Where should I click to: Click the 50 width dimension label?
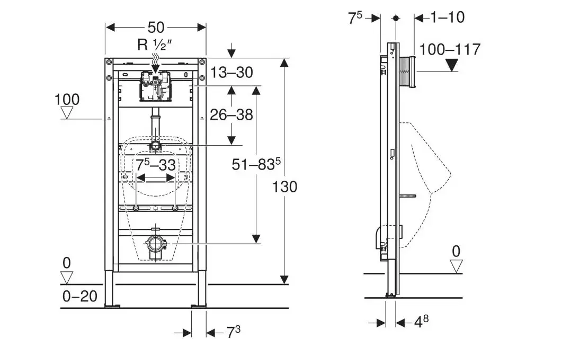click(x=156, y=26)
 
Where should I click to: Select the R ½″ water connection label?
click(x=153, y=45)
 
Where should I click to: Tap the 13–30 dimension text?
click(x=231, y=72)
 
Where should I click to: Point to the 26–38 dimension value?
click(x=231, y=114)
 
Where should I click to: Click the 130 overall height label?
click(x=285, y=187)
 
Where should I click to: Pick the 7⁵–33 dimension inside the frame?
click(x=156, y=165)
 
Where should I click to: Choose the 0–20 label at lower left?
click(x=80, y=296)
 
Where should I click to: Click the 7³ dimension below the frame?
click(x=234, y=332)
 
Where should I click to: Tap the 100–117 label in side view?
click(x=450, y=49)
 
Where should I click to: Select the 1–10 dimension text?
click(x=448, y=17)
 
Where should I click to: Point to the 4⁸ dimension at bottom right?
click(x=421, y=322)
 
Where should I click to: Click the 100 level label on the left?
click(x=67, y=100)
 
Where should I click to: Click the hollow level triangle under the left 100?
click(x=67, y=113)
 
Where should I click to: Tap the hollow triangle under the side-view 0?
click(x=456, y=266)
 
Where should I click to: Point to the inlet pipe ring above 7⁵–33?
click(x=156, y=145)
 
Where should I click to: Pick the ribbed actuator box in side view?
click(x=407, y=71)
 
